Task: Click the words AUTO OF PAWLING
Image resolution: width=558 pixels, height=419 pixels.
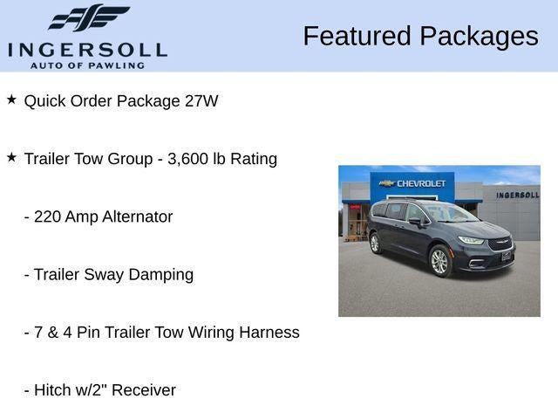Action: pyautogui.click(x=86, y=65)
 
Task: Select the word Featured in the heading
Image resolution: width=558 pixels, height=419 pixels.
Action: pyautogui.click(x=357, y=37)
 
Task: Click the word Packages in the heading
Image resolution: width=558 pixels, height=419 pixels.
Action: pyautogui.click(x=479, y=37)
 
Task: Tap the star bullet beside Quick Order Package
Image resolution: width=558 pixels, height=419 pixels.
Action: pyautogui.click(x=11, y=100)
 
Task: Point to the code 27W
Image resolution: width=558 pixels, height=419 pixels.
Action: pyautogui.click(x=201, y=101)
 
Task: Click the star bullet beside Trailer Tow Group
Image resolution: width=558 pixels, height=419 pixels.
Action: pyautogui.click(x=11, y=157)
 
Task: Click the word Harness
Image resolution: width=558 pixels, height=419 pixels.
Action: pyautogui.click(x=269, y=333)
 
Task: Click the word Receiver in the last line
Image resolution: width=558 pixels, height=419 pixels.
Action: pyautogui.click(x=142, y=390)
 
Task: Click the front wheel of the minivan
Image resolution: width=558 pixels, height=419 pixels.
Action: pyautogui.click(x=439, y=261)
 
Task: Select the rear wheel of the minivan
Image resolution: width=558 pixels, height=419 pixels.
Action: pyautogui.click(x=375, y=243)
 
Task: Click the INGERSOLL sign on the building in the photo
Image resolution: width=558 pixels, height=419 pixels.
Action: pyautogui.click(x=517, y=195)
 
